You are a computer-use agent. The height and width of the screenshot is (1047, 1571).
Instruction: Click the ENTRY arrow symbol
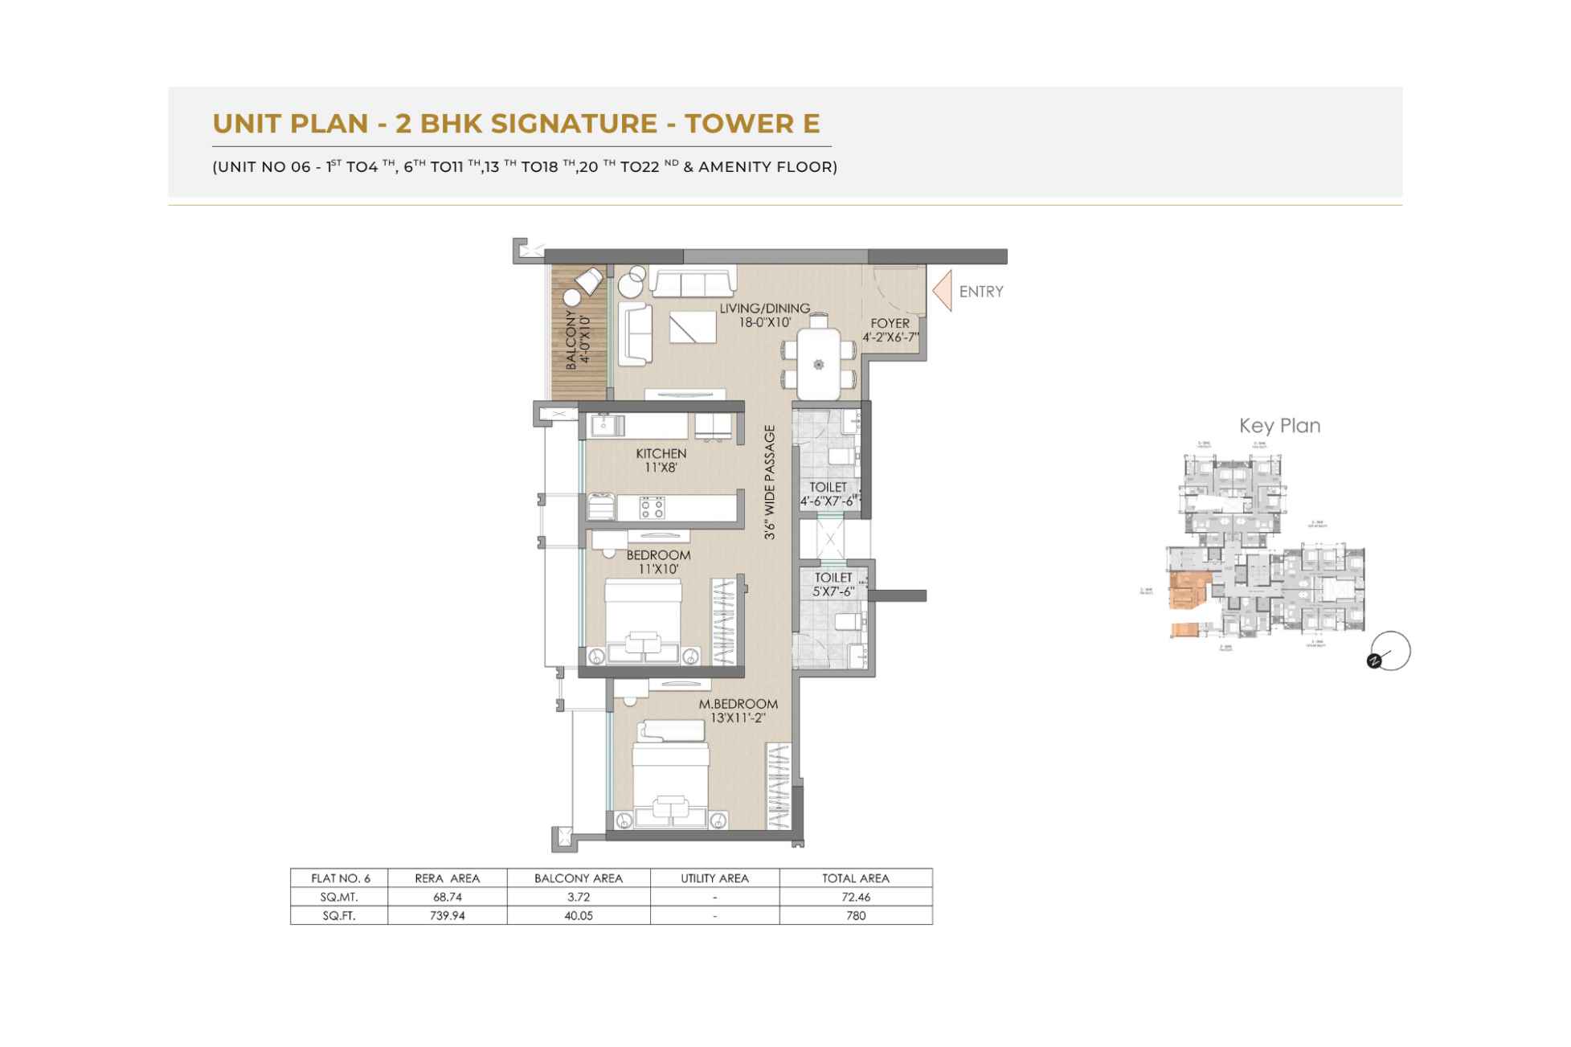tap(943, 291)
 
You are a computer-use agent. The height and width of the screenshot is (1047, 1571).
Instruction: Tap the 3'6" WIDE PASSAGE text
tap(770, 482)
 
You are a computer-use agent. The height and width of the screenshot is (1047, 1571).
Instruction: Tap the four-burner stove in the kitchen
tap(652, 507)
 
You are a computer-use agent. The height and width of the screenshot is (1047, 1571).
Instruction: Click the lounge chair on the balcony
tap(587, 282)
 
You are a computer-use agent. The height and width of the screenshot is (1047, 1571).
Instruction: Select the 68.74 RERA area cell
tap(447, 897)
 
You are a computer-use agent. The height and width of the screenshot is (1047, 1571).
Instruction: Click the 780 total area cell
tap(855, 915)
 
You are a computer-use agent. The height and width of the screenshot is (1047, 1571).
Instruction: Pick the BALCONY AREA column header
tap(578, 878)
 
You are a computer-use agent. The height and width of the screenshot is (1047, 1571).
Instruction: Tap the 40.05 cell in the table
tap(578, 915)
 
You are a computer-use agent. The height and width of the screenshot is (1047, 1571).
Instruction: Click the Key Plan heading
tap(1279, 426)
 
